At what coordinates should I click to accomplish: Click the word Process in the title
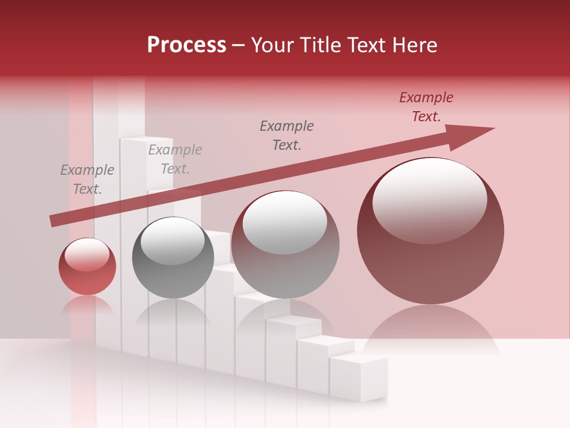(x=186, y=45)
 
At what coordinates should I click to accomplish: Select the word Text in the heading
(x=363, y=45)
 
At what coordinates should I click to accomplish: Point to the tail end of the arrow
(x=53, y=221)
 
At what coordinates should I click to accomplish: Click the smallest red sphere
(x=87, y=267)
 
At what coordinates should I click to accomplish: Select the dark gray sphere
(x=173, y=258)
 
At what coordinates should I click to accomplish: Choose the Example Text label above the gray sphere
(x=175, y=159)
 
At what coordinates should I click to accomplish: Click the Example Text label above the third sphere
(x=287, y=135)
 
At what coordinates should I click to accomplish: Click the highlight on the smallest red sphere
(x=87, y=254)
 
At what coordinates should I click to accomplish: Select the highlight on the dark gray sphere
(x=172, y=241)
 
